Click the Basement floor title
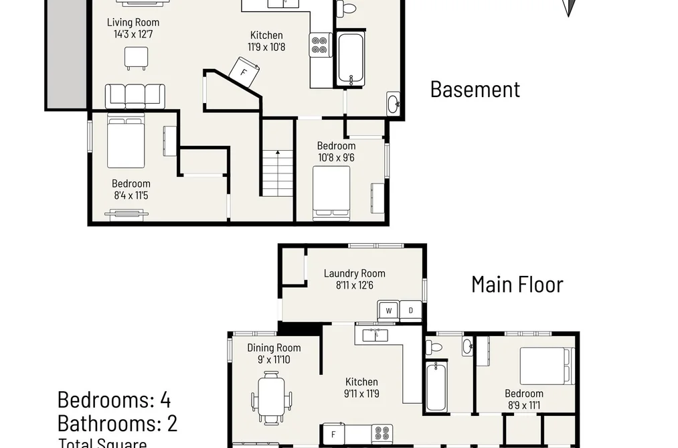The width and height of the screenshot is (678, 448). click(475, 90)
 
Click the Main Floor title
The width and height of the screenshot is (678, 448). click(517, 285)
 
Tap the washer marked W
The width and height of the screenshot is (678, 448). click(389, 311)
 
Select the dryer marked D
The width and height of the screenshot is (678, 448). click(410, 311)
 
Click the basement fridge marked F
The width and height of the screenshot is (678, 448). click(245, 72)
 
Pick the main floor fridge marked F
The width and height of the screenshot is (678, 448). click(334, 434)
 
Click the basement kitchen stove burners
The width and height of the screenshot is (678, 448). click(321, 46)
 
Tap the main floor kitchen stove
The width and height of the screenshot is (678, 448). click(382, 434)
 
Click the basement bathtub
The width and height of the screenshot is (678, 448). click(351, 59)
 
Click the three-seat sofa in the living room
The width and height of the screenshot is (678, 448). click(135, 96)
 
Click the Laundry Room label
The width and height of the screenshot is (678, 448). click(355, 273)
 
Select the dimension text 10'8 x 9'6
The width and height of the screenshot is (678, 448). click(337, 158)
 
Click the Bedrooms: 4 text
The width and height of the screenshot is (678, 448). click(114, 400)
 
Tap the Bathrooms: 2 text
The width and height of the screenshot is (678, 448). click(117, 423)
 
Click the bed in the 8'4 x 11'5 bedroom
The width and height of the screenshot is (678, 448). click(126, 141)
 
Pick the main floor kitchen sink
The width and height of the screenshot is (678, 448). click(375, 335)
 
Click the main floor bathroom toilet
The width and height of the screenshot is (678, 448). click(434, 346)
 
